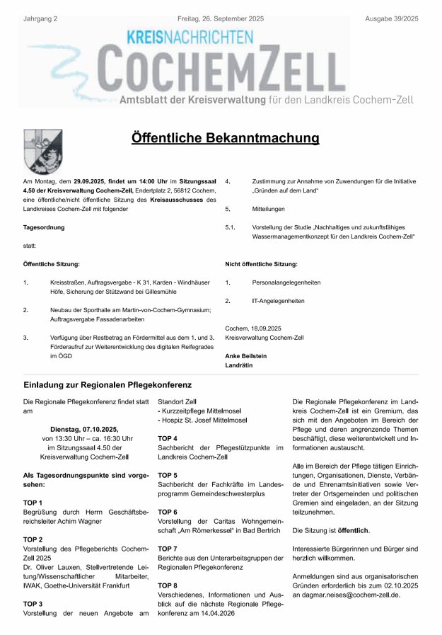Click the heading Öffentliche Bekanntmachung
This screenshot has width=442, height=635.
[225, 138]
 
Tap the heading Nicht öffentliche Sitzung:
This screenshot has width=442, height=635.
[261, 264]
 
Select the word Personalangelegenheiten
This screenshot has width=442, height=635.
[286, 282]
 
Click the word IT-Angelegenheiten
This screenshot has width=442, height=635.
[278, 301]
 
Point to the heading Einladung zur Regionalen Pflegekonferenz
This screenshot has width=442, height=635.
[107, 385]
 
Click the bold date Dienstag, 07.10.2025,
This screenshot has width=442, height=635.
[84, 429]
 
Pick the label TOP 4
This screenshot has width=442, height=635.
[168, 438]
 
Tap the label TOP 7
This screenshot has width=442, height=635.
[168, 549]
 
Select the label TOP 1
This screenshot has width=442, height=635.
[33, 502]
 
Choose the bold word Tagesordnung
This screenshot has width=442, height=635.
[44, 227]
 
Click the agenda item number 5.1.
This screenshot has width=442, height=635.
[230, 227]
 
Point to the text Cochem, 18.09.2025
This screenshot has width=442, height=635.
[253, 328]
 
